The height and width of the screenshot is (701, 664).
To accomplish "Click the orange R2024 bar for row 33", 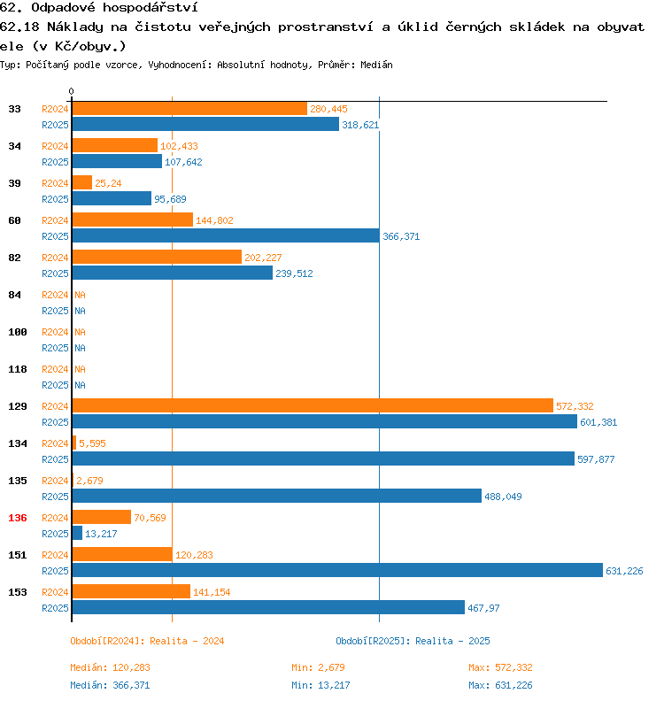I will point(189,109).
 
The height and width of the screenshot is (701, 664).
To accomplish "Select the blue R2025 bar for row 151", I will point(337,571).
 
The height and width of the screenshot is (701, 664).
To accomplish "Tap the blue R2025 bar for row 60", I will point(226,236).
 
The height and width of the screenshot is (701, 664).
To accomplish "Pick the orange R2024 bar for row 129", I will point(313,406).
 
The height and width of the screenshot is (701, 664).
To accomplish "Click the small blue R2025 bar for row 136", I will point(77,534).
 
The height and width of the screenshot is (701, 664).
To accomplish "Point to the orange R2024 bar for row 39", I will point(82,183).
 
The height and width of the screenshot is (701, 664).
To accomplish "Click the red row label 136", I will point(18,518).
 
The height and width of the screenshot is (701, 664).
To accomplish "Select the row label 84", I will point(15,295).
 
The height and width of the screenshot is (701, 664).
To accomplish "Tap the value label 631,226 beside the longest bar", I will point(624,571).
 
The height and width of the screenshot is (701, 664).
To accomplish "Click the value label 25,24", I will point(108,183).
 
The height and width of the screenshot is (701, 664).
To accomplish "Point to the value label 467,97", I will point(483,608).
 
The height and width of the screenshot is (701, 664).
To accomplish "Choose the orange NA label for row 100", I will point(80,332).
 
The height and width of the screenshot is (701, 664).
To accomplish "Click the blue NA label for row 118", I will point(80,385).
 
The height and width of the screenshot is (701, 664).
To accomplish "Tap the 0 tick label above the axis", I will point(72,92).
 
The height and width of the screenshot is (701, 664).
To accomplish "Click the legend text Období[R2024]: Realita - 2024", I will point(147,641).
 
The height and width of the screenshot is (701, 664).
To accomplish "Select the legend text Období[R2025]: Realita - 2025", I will point(413,641).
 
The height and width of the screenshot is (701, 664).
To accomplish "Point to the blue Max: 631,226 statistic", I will point(500,685).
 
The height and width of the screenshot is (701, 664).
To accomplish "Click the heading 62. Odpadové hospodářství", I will point(85,7).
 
